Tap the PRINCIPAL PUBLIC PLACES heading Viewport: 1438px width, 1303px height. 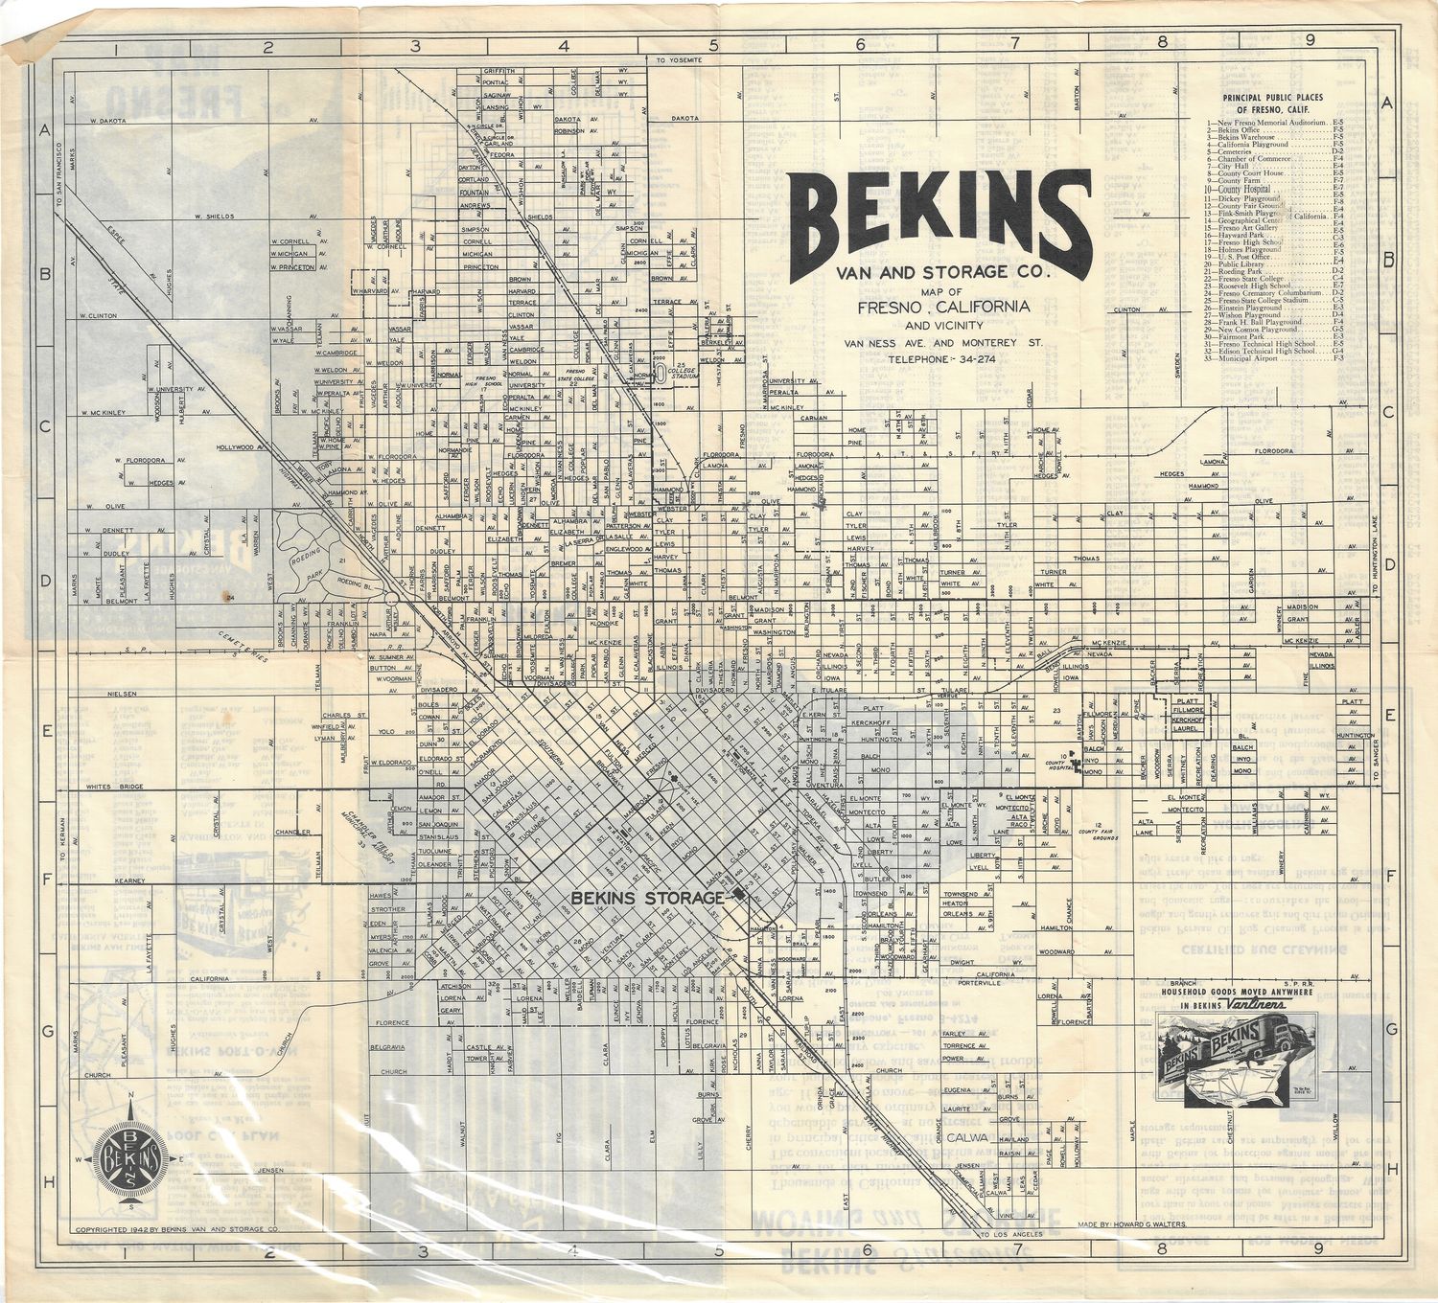click(x=1272, y=103)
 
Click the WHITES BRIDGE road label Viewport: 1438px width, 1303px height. click(x=114, y=786)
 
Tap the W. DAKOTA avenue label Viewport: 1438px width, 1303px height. click(x=108, y=122)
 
